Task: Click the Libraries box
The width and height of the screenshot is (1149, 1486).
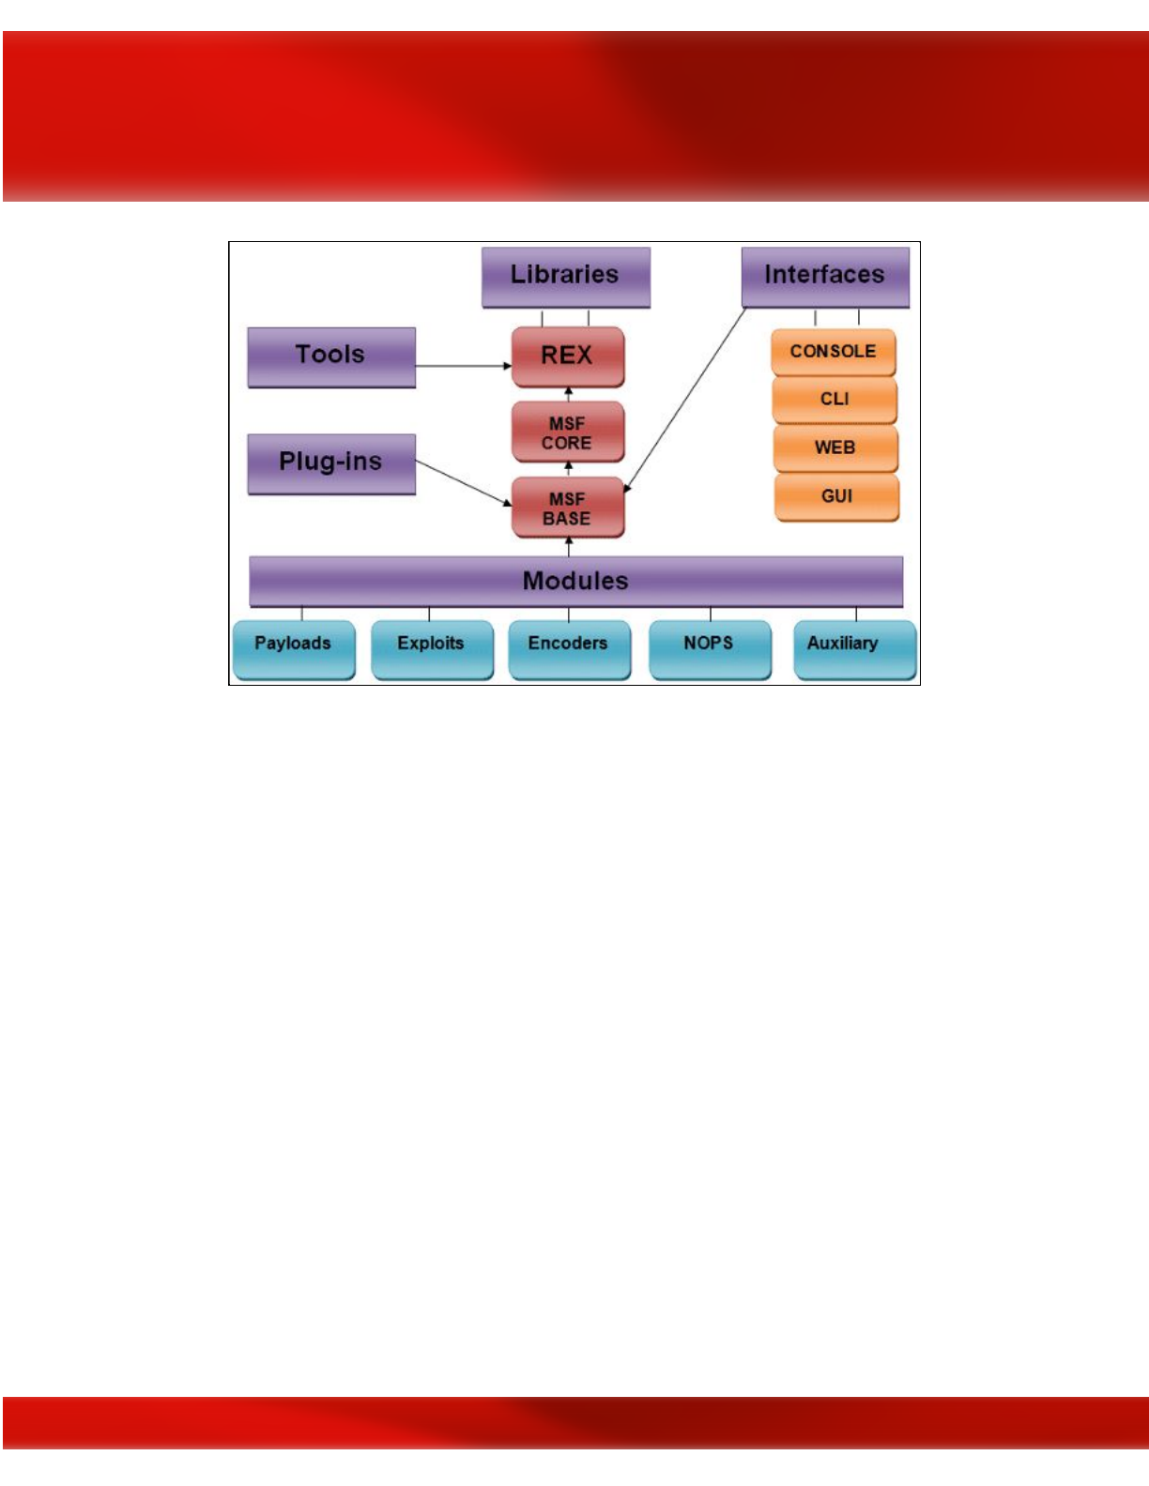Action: pyautogui.click(x=565, y=277)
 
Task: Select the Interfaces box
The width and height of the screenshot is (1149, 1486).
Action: pyautogui.click(x=825, y=277)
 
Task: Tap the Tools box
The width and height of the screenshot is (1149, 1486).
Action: pyautogui.click(x=331, y=356)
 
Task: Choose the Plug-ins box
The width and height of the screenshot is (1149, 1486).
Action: pyautogui.click(x=331, y=463)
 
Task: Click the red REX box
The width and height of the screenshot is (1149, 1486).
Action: pyautogui.click(x=567, y=356)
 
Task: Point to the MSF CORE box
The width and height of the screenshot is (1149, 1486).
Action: pyautogui.click(x=567, y=432)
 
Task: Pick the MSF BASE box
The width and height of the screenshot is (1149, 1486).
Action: pyautogui.click(x=567, y=508)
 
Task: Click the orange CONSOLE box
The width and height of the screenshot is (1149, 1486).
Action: pyautogui.click(x=833, y=352)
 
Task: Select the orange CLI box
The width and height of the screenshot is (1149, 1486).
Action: pyautogui.click(x=835, y=401)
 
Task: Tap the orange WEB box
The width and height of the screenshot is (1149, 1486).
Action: pyautogui.click(x=835, y=448)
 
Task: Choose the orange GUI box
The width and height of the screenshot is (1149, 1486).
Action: pyautogui.click(x=836, y=497)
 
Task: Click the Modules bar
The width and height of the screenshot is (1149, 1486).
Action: pyautogui.click(x=575, y=581)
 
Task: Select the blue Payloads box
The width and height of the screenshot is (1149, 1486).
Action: pyautogui.click(x=293, y=647)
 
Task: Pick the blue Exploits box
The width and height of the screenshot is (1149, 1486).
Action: pyautogui.click(x=432, y=647)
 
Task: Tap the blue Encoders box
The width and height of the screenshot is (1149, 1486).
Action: pyautogui.click(x=569, y=647)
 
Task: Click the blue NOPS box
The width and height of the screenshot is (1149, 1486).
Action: pyautogui.click(x=710, y=647)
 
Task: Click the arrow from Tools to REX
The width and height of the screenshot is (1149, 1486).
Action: pyautogui.click(x=464, y=366)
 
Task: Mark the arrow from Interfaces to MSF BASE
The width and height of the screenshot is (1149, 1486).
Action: pyautogui.click(x=685, y=398)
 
